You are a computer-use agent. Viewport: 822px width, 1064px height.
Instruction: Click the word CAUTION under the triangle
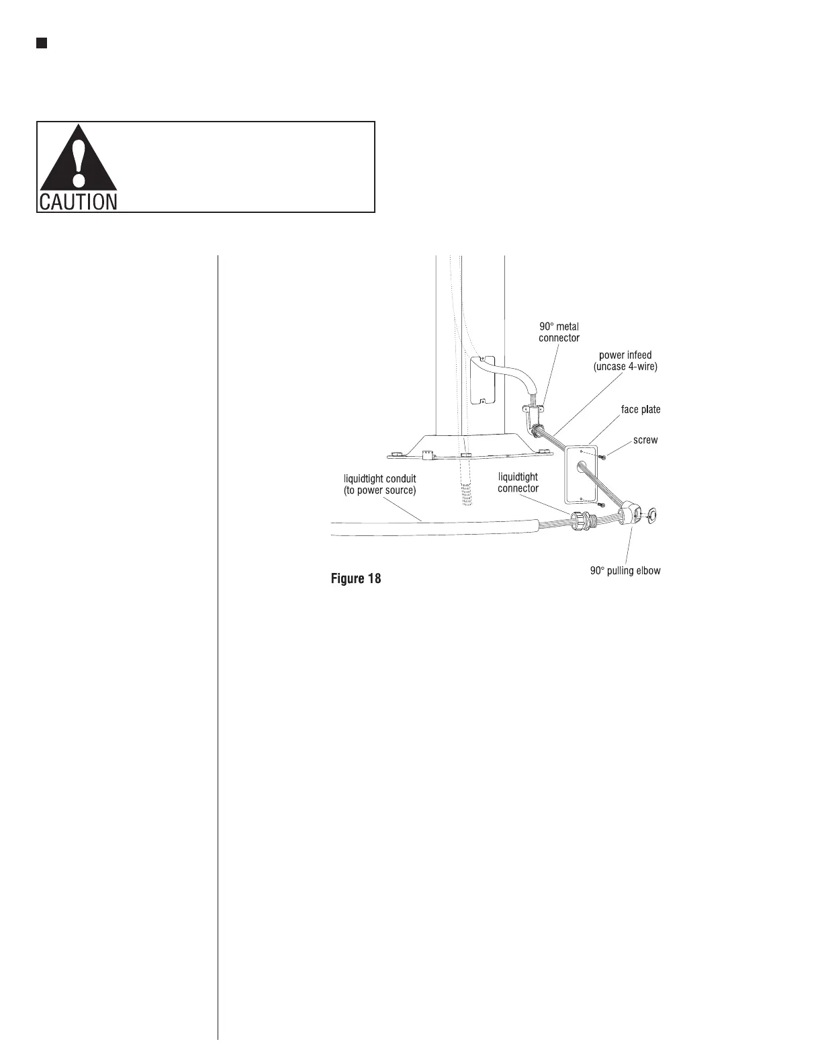pos(78,201)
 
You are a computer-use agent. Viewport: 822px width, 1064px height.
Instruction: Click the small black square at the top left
pos(42,44)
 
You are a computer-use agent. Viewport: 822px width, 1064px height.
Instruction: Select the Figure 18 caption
pos(356,578)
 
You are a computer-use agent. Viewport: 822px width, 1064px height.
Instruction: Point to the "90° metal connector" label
pos(559,332)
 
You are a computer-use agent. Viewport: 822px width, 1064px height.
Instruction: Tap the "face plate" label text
pos(640,409)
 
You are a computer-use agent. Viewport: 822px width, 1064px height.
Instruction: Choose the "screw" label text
pos(645,440)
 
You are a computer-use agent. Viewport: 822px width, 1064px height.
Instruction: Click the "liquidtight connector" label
pos(518,482)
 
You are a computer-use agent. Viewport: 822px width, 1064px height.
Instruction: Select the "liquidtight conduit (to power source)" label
pos(380,484)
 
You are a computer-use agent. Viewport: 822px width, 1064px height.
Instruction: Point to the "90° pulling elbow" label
pos(625,571)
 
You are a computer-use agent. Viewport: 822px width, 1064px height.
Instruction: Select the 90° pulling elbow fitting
pos(629,516)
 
